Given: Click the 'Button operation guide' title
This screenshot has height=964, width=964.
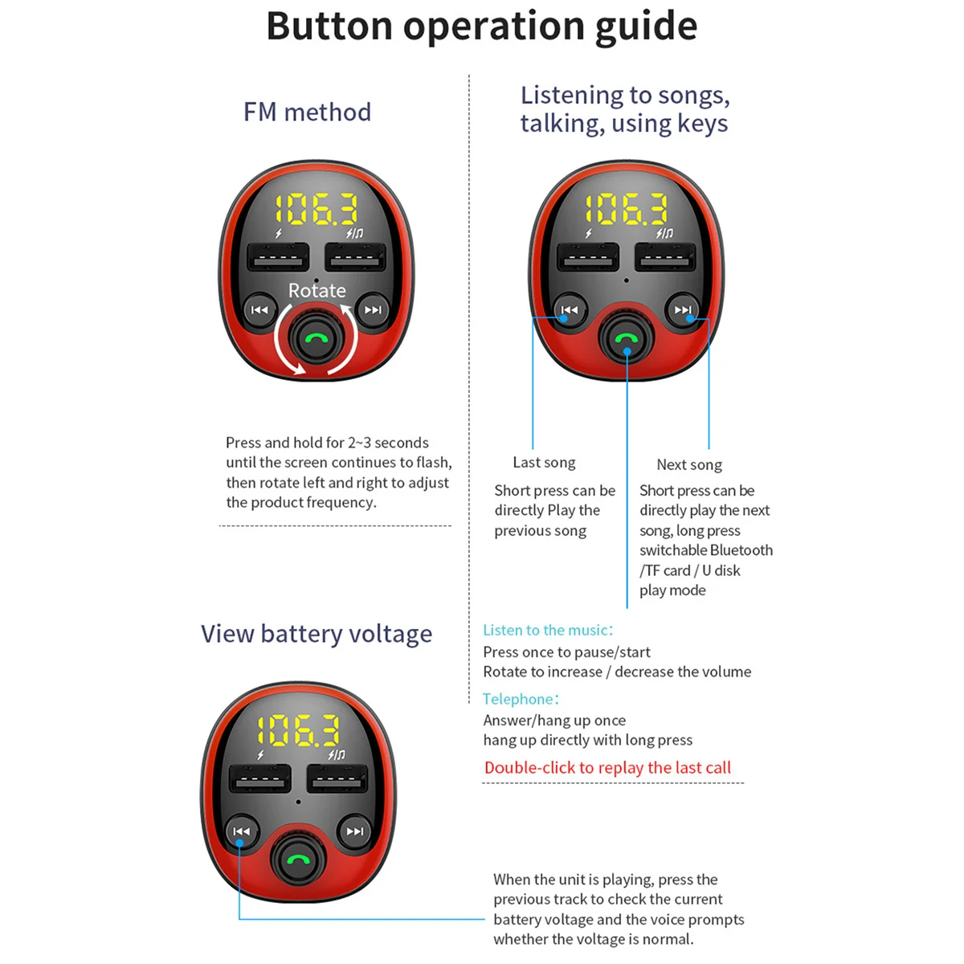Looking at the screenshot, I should click(x=481, y=27).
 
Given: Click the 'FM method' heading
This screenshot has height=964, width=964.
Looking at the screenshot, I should click(x=307, y=112).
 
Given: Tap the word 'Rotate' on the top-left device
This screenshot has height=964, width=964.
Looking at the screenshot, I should click(x=317, y=290).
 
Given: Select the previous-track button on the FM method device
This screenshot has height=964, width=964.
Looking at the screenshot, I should click(x=259, y=310).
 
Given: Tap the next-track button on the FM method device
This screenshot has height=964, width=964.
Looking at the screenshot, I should click(x=373, y=310).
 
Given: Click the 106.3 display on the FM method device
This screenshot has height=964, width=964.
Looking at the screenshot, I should click(x=317, y=210).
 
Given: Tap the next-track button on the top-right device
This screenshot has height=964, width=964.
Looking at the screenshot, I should click(x=683, y=310).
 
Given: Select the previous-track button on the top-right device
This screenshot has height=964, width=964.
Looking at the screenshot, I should click(x=570, y=310).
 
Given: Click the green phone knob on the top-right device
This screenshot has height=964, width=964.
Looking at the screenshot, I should click(x=626, y=339).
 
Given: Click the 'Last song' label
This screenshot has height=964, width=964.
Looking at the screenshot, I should click(x=544, y=463).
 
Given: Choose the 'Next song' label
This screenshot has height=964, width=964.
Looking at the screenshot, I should click(x=689, y=465).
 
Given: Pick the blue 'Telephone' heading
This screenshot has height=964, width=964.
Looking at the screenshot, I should click(x=521, y=699).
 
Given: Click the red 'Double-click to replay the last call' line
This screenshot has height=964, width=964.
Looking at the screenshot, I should click(x=607, y=768).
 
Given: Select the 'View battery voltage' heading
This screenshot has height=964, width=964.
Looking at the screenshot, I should click(x=317, y=634).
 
